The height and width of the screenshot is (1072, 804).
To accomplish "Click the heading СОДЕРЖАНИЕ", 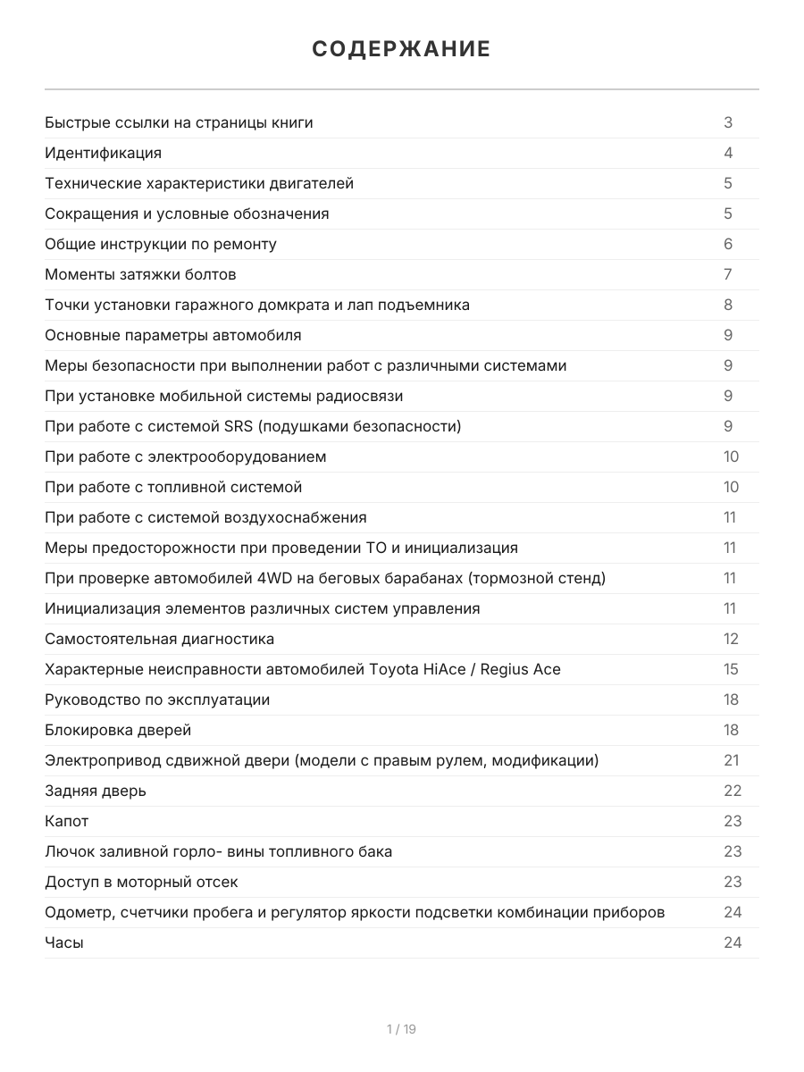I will pyautogui.click(x=401, y=49).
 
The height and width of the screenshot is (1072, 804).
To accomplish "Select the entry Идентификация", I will pyautogui.click(x=104, y=153).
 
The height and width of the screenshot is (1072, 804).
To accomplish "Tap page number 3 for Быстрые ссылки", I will pyautogui.click(x=728, y=122).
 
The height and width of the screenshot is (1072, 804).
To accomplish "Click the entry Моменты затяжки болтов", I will pyautogui.click(x=140, y=274).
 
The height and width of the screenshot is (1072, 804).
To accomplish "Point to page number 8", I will pyautogui.click(x=728, y=305).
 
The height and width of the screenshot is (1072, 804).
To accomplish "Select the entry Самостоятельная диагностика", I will pyautogui.click(x=160, y=639).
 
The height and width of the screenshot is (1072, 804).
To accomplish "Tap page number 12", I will pyautogui.click(x=731, y=639).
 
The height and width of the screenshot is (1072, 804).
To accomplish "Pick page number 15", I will pyautogui.click(x=731, y=669).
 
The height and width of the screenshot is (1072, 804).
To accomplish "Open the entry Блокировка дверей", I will pyautogui.click(x=118, y=730).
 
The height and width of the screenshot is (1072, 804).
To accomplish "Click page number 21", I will pyautogui.click(x=731, y=760).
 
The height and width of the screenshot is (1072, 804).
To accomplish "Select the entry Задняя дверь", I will pyautogui.click(x=96, y=791).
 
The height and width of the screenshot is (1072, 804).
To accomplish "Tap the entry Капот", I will pyautogui.click(x=67, y=821).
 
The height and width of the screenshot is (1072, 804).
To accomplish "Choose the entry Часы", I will pyautogui.click(x=64, y=942).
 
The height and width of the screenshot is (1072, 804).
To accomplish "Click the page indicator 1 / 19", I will pyautogui.click(x=401, y=1029).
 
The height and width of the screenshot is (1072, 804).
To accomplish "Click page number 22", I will pyautogui.click(x=732, y=791).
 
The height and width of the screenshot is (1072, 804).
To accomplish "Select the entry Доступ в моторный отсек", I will pyautogui.click(x=141, y=882).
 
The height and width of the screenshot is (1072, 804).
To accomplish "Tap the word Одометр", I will pyautogui.click(x=79, y=912).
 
